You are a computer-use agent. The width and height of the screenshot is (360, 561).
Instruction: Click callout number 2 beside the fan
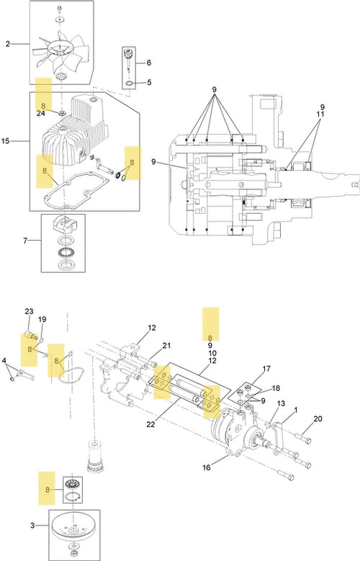pyautogui.click(x=8, y=44)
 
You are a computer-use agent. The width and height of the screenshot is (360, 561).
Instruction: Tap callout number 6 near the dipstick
pyautogui.click(x=149, y=63)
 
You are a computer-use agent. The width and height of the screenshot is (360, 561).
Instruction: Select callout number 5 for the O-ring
pyautogui.click(x=149, y=82)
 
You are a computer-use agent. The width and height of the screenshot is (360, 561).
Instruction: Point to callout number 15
pyautogui.click(x=5, y=141)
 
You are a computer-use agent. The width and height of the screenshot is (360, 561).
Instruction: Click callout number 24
pyautogui.click(x=40, y=114)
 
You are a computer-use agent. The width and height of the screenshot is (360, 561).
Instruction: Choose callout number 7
pyautogui.click(x=25, y=241)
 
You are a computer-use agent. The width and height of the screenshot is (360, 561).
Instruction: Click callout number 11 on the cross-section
pyautogui.click(x=320, y=115)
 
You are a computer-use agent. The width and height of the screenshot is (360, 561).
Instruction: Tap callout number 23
pyautogui.click(x=29, y=311)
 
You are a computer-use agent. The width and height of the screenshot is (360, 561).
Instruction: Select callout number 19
pyautogui.click(x=42, y=319)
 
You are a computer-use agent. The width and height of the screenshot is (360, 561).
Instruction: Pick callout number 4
pyautogui.click(x=4, y=361)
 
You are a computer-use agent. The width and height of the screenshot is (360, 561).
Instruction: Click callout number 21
pyautogui.click(x=166, y=346)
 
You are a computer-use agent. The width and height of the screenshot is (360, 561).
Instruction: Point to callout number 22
pyautogui.click(x=150, y=425)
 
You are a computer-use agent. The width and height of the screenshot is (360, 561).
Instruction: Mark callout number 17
pyautogui.click(x=266, y=369)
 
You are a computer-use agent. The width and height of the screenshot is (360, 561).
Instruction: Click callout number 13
pyautogui.click(x=281, y=403)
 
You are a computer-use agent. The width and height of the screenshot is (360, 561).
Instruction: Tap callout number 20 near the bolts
pyautogui.click(x=318, y=418)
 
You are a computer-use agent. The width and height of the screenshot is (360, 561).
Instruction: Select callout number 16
pyautogui.click(x=207, y=467)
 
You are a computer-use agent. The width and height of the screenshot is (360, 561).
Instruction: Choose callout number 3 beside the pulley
pyautogui.click(x=32, y=526)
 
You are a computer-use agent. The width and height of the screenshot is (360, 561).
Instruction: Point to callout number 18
pyautogui.click(x=276, y=388)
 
